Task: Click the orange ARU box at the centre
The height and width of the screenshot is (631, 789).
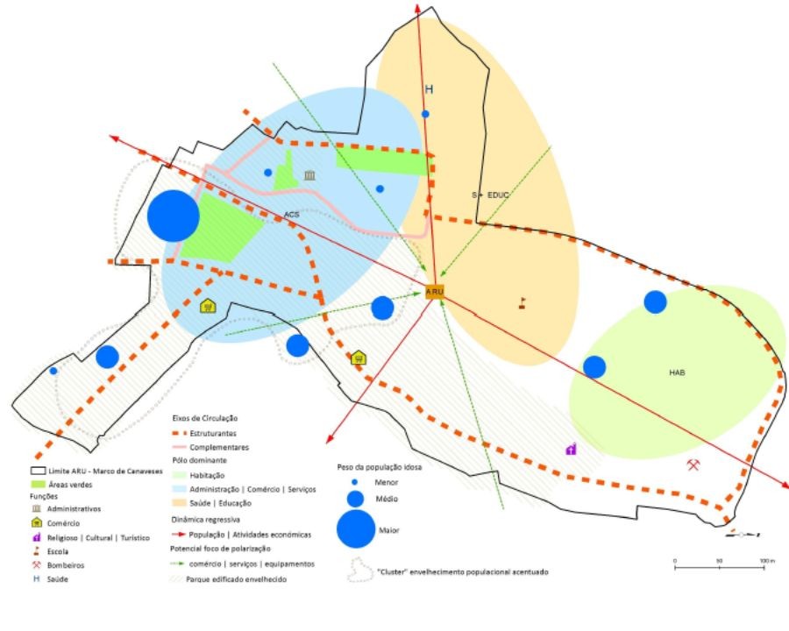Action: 434,291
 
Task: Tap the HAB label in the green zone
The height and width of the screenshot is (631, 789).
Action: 676,373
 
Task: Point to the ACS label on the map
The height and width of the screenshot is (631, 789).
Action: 292,215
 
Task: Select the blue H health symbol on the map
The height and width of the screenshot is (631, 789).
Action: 429,89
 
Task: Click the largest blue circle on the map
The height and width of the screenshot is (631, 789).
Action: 174,216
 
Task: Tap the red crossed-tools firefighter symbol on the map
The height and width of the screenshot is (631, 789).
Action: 693,464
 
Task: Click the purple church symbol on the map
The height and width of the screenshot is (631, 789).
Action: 571,450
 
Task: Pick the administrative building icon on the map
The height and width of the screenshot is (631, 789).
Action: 309,176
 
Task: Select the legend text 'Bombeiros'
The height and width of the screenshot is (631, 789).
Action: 67,564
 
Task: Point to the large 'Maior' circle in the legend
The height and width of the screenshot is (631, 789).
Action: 355,528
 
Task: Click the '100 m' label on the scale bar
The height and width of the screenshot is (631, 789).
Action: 767,559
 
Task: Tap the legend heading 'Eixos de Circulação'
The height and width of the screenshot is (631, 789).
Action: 207,419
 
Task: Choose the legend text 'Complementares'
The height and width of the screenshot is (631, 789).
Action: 220,447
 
